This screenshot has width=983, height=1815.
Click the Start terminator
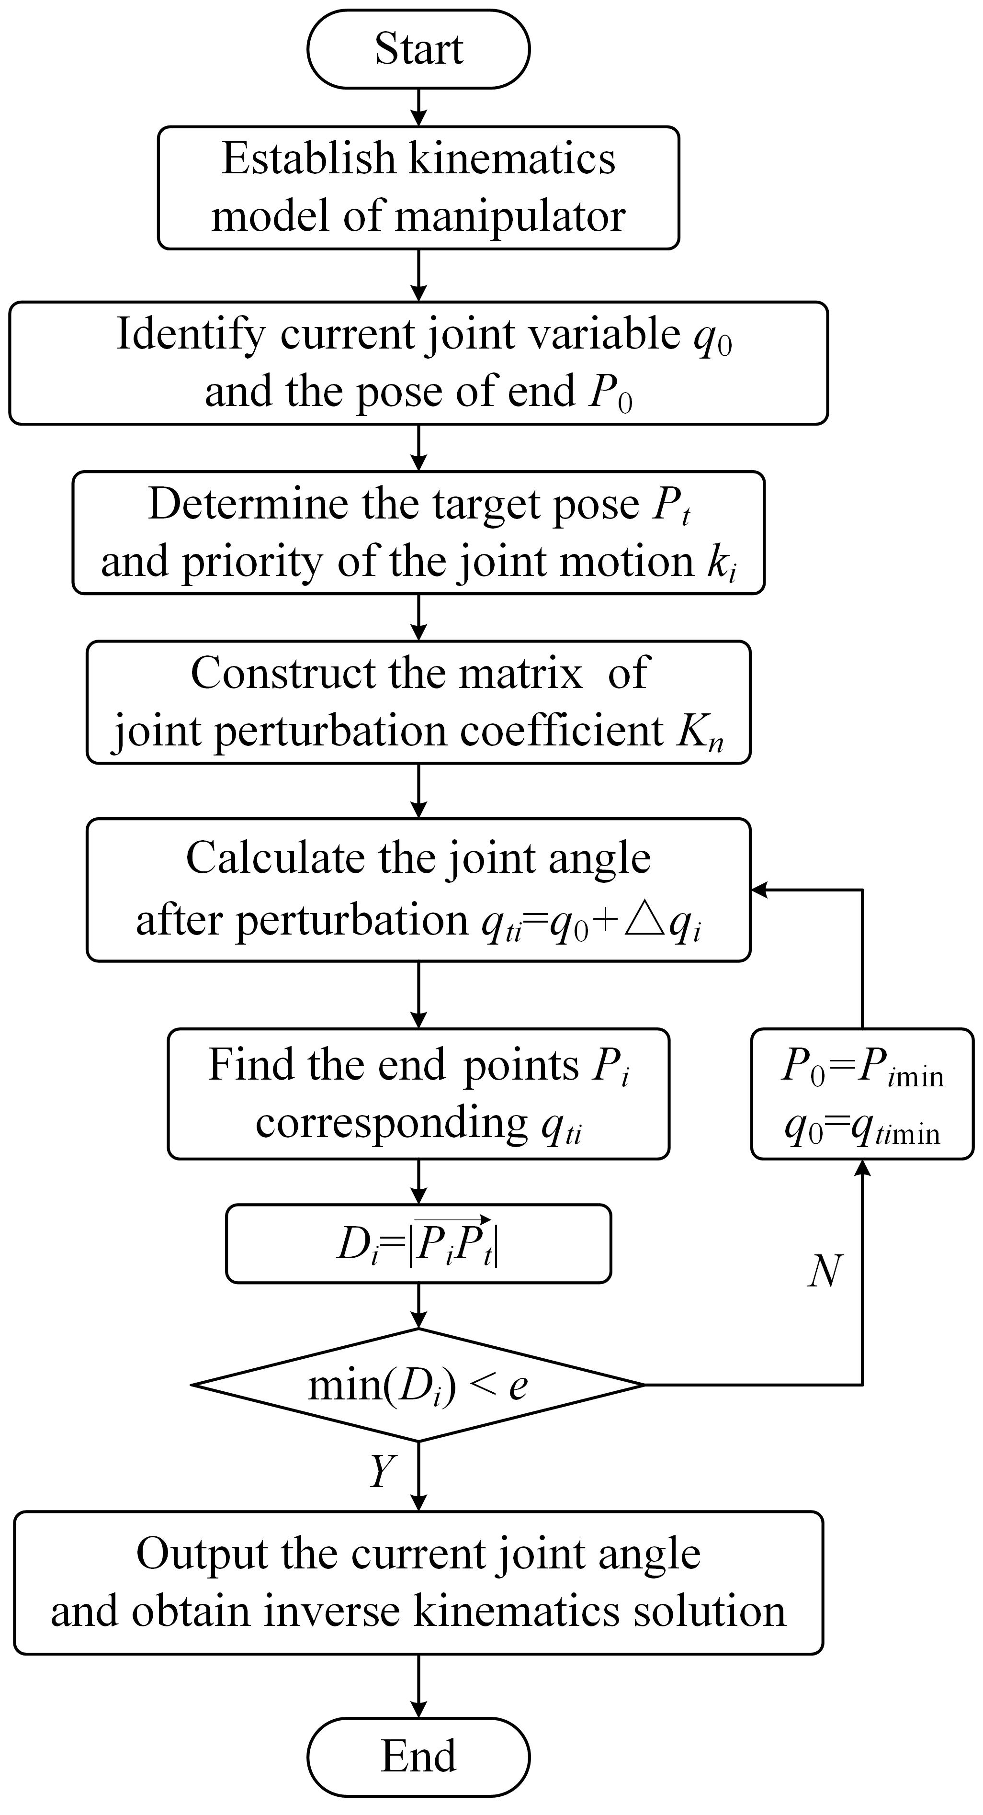418,49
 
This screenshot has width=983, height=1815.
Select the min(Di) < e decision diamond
418,1385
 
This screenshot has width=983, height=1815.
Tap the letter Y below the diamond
383,1471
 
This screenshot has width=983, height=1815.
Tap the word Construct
282,674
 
